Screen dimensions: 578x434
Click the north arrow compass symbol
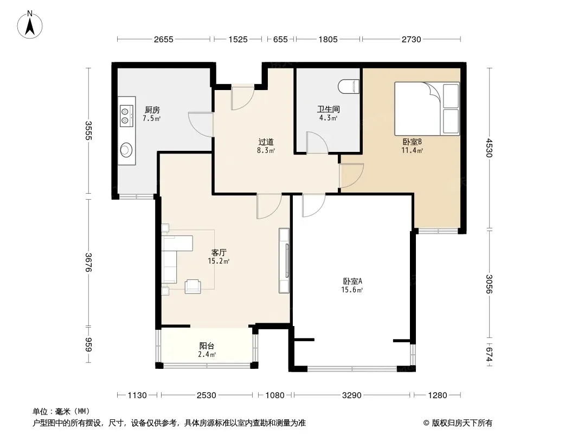[x=30, y=25]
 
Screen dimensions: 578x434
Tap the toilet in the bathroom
[x=349, y=86]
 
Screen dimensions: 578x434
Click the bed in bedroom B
[x=427, y=109]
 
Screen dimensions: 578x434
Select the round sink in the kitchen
[x=126, y=149]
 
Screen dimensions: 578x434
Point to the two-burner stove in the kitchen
[x=126, y=116]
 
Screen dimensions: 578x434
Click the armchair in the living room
[x=193, y=286]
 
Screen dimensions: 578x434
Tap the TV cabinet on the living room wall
[x=284, y=261]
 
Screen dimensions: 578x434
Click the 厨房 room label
[x=152, y=110]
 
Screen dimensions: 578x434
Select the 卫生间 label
[x=328, y=109]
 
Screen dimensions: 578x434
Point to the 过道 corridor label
[x=266, y=142]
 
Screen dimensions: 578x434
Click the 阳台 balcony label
[x=207, y=346]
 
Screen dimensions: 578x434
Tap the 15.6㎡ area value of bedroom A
[x=352, y=290]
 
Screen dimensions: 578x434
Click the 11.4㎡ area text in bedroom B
[x=412, y=150]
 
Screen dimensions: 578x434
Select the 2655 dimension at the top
[x=164, y=39]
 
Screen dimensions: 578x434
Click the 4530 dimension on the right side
[x=490, y=148]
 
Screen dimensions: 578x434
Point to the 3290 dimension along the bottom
[x=352, y=395]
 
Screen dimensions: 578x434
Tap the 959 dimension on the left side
[x=88, y=345]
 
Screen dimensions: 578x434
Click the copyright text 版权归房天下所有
[x=462, y=423]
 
